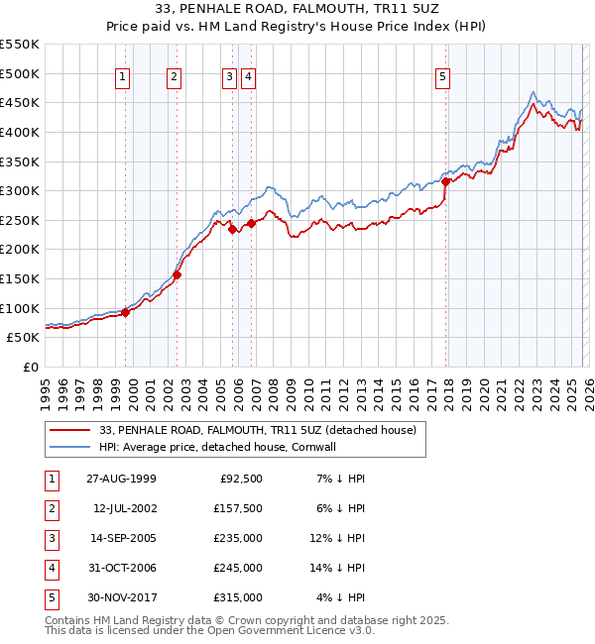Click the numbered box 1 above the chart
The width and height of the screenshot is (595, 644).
point(122,77)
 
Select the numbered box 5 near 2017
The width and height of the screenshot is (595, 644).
point(441,77)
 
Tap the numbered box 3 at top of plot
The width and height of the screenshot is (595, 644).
point(229,77)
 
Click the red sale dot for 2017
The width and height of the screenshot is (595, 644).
point(446,181)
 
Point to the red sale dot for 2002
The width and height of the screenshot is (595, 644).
point(178,275)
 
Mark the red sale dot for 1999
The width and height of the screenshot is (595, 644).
point(126,312)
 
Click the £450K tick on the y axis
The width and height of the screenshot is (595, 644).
point(20,103)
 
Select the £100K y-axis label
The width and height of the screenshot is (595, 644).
point(20,308)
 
